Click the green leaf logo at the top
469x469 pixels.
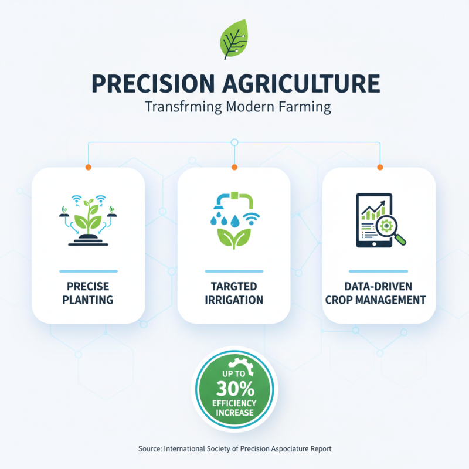[x=234, y=40]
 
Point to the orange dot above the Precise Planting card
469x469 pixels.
[x=89, y=168]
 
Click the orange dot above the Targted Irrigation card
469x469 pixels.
[x=234, y=168]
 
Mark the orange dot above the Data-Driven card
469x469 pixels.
[x=379, y=168]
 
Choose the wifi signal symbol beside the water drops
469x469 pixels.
[x=252, y=220]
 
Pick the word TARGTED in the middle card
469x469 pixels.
[x=234, y=287]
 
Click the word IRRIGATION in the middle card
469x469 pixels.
[x=234, y=300]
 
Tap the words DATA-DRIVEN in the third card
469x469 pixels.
[x=379, y=287]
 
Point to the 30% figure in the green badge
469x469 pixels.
[x=234, y=388]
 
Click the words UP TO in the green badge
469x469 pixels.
[x=234, y=373]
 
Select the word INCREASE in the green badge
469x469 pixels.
[x=234, y=412]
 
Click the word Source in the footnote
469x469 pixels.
[x=149, y=448]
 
